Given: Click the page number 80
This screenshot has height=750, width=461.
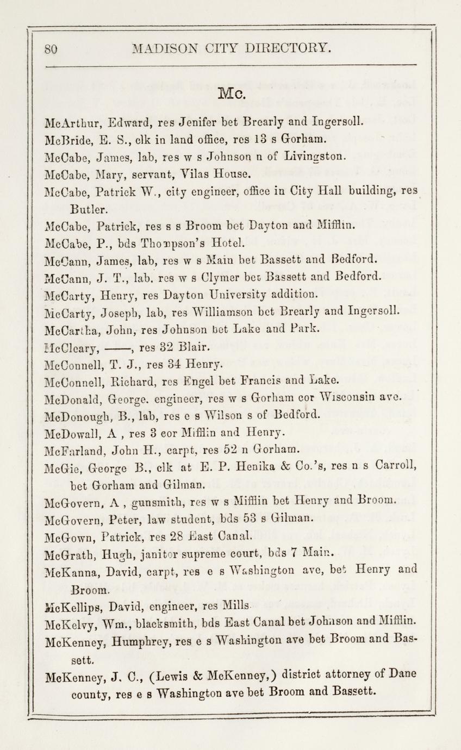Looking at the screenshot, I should coord(51,49).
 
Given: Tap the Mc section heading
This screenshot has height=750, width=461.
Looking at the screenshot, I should coord(232,95).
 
